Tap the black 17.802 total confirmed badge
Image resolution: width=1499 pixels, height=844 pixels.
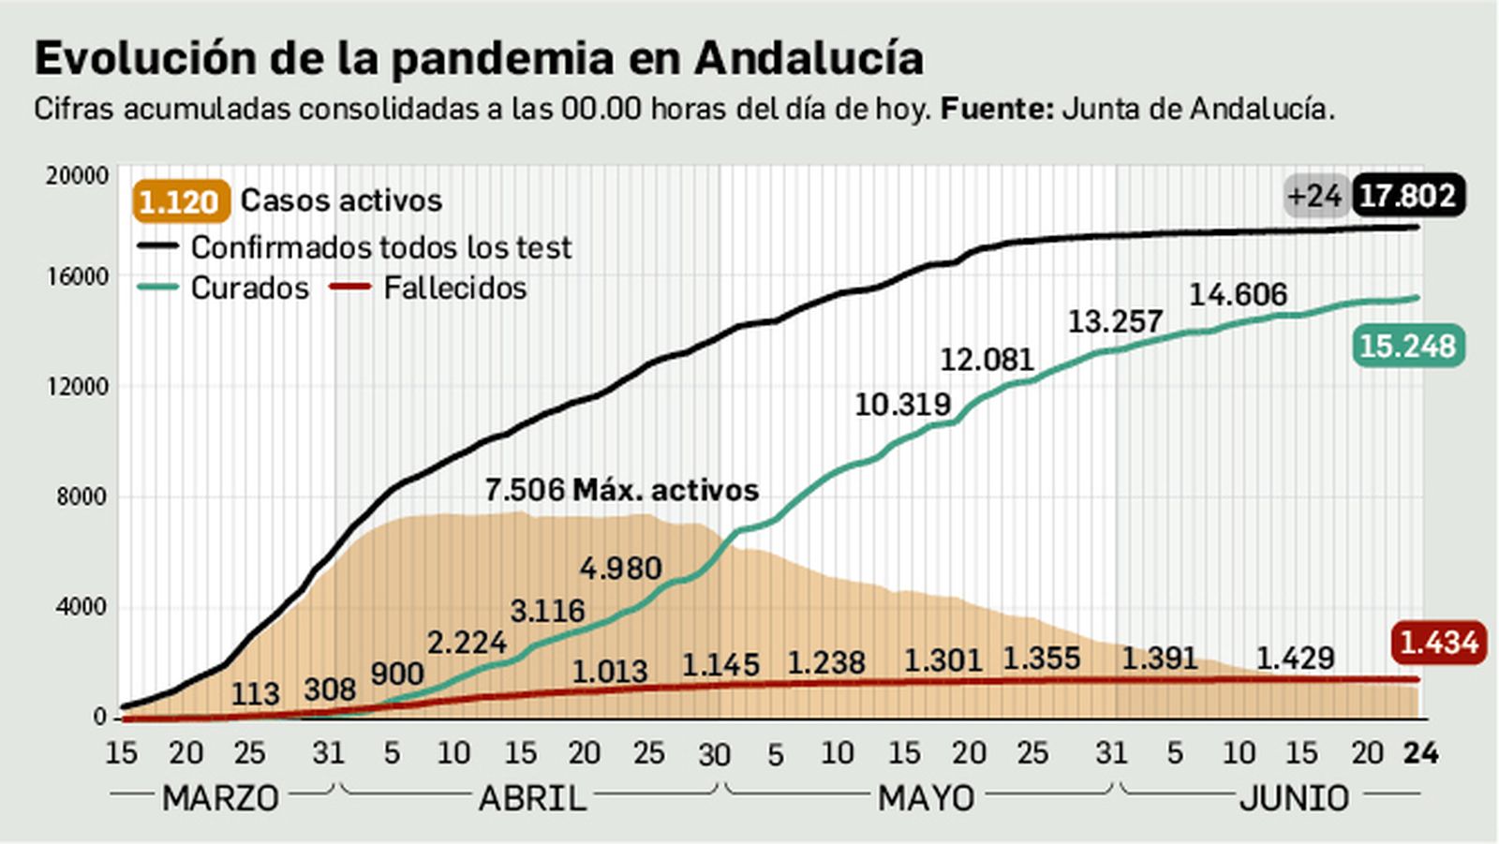[1407, 196]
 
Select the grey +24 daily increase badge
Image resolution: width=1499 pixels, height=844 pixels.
[1315, 196]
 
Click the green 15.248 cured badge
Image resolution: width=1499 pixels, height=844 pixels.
[1407, 346]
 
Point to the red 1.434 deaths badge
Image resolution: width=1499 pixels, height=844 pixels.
[1438, 643]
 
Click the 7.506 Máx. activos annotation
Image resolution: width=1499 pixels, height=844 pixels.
[621, 490]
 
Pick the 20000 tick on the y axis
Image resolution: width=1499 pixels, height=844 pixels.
[77, 175]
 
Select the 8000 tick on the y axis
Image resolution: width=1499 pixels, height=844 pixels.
[81, 496]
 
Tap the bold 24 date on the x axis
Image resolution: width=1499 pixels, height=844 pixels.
[1419, 752]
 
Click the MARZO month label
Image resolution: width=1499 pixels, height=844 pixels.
[220, 798]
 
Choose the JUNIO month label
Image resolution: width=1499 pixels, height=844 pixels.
[1294, 798]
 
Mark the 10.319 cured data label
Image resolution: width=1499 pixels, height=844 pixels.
[902, 405]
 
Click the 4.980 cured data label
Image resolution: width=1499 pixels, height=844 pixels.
[620, 568]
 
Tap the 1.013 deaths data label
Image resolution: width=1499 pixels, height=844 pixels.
[609, 671]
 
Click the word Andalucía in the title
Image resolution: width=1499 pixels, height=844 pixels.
[809, 58]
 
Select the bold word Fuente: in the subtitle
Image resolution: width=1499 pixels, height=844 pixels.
[997, 109]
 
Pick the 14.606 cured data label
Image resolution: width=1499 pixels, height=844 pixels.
[1238, 295]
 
